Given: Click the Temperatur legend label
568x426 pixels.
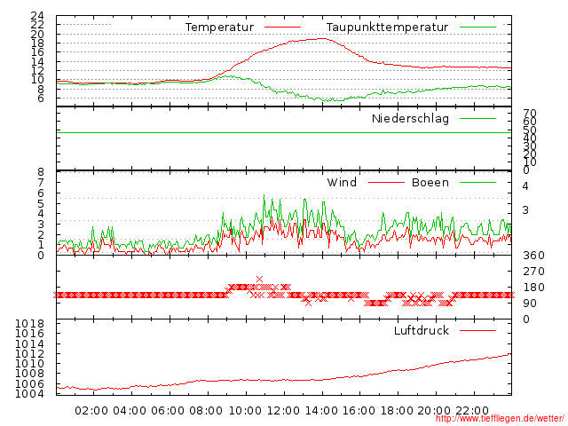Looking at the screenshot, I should point(219,28).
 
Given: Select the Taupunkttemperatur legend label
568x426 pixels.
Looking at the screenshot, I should point(386,28).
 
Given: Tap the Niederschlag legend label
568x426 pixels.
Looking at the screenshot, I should point(410,118).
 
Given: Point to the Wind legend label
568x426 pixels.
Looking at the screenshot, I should point(342,182).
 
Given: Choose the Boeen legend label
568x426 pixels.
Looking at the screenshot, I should point(430,182).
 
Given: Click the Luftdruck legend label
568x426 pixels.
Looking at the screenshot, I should point(422,330).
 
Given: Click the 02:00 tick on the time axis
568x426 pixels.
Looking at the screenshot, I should point(91,410).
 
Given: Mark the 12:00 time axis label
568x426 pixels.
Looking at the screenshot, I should point(283,410).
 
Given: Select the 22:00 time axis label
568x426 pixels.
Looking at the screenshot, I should point(474,410).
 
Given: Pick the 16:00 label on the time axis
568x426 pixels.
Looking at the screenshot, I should point(359,410).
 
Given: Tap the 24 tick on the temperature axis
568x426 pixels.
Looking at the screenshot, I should point(37,16).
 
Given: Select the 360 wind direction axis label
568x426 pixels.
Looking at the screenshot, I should point(532,255).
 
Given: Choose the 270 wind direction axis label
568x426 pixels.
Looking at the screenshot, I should point(532,271).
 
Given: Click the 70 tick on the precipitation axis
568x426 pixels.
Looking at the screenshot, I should point(530,114).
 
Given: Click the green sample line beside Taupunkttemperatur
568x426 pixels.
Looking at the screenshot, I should point(478,28).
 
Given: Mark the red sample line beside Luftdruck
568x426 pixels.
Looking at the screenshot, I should point(478,330).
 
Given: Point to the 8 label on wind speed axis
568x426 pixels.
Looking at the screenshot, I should point(41,172).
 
